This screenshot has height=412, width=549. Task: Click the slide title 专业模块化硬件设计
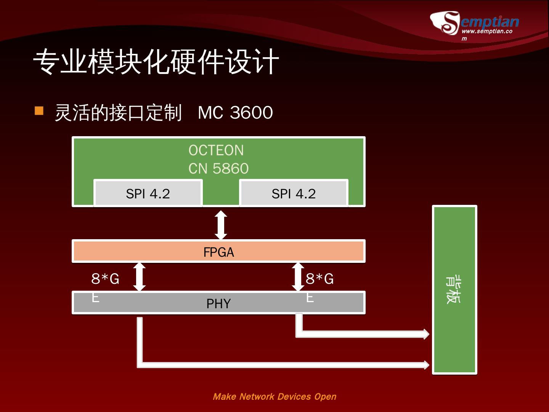(156, 62)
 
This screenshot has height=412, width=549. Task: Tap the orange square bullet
(39, 111)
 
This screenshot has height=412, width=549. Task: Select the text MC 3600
(235, 113)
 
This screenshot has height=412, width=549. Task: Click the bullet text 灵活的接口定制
(118, 113)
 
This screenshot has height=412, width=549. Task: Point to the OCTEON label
(216, 150)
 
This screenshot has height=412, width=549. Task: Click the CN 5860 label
(218, 168)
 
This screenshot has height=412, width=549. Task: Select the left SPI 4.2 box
(148, 193)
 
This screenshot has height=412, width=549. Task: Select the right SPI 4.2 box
(294, 193)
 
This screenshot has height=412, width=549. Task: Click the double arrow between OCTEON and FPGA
(221, 225)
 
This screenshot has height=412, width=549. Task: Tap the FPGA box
(218, 251)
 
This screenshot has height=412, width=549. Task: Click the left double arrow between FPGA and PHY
(139, 277)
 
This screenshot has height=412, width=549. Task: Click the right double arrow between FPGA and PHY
(298, 277)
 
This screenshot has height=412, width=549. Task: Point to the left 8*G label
(105, 279)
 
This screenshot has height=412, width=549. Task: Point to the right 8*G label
(319, 279)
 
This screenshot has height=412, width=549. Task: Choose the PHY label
(218, 304)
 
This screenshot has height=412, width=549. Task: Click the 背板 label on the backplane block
(453, 290)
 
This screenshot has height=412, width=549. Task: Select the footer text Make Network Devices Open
(274, 397)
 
